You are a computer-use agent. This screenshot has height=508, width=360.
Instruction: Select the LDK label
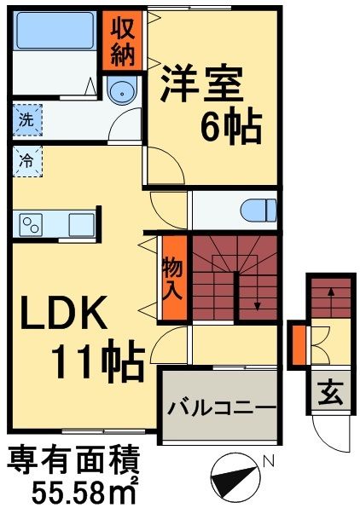(63, 315)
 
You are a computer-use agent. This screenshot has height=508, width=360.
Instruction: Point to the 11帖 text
(96, 362)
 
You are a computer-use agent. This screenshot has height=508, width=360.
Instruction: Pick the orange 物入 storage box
(171, 278)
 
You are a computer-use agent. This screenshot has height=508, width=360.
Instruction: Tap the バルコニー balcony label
(220, 407)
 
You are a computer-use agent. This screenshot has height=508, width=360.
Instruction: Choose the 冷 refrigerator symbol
(27, 159)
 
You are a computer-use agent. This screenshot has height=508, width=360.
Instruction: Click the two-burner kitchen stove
(32, 224)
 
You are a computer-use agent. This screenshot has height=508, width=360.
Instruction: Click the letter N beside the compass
(269, 462)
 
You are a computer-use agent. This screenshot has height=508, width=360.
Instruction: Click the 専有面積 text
(73, 461)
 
